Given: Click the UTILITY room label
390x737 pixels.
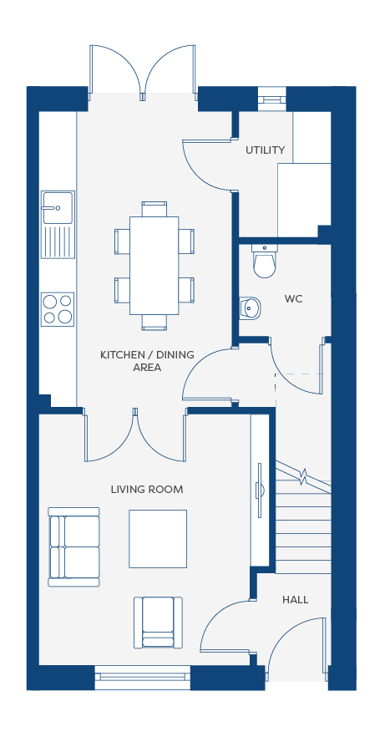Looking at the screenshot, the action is click(265, 150).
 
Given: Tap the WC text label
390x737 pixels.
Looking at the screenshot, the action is click(293, 299).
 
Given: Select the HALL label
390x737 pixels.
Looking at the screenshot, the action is click(295, 600).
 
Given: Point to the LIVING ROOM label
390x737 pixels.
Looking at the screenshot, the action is click(147, 490).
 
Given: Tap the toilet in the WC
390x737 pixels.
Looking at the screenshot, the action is click(264, 261).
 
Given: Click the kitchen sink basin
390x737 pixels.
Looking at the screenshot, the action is click(58, 207).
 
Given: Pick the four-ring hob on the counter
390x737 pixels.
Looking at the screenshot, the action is click(58, 309).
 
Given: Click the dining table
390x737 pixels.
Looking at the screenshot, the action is click(154, 266).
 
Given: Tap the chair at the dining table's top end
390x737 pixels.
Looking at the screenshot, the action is click(154, 209).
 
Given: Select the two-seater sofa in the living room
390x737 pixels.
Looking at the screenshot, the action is click(74, 547).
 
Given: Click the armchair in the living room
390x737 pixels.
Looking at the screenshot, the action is click(159, 623).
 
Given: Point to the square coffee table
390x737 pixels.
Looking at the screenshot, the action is click(158, 539).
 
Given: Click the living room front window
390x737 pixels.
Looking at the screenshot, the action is click(143, 678).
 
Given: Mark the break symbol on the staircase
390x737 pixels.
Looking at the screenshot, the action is click(303, 475).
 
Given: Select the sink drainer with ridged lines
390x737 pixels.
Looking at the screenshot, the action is click(58, 241).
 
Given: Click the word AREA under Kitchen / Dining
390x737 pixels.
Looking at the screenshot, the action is click(147, 368).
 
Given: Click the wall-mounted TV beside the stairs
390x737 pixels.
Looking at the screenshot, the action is click(259, 490).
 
